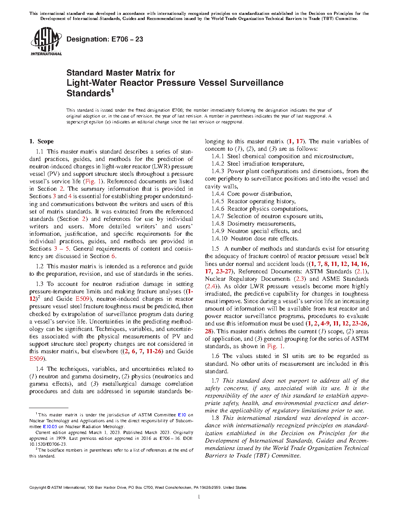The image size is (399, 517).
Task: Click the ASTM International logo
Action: click(x=46, y=42)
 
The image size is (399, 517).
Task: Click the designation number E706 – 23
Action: click(x=127, y=39)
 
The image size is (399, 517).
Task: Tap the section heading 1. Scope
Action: click(x=41, y=141)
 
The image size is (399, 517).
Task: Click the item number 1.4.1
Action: click(x=218, y=156)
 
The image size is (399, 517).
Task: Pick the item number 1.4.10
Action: click(x=219, y=239)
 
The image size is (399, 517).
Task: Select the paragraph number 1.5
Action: click(x=215, y=249)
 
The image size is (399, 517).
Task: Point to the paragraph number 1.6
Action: click(x=215, y=356)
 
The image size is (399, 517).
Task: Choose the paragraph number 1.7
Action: click(x=215, y=381)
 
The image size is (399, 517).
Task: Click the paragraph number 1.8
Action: click(x=215, y=418)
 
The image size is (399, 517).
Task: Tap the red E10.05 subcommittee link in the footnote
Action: click(x=50, y=427)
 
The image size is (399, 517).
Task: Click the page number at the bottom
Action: click(x=199, y=497)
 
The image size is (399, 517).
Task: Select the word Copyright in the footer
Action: click(x=38, y=488)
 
